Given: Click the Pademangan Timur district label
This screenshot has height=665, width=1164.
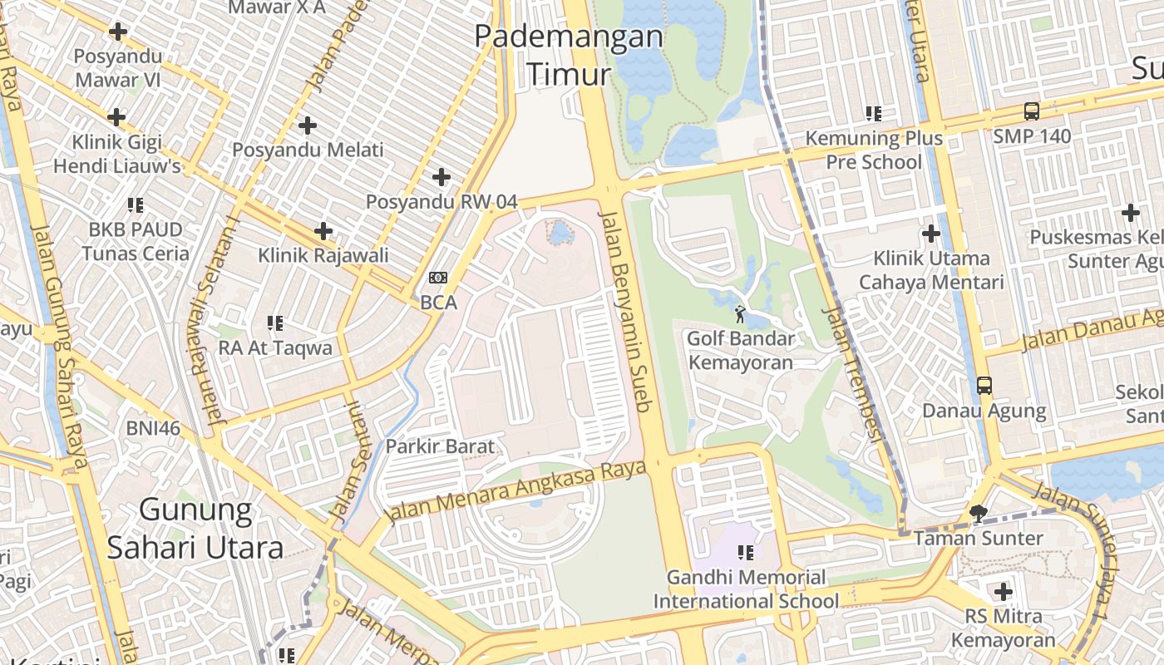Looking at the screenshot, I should coord(569,55).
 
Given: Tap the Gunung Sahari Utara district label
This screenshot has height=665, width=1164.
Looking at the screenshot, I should coord(195,528).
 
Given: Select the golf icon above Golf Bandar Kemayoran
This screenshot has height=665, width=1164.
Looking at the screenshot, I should coord(740,313).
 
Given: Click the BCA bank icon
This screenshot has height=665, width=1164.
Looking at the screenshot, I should coord(438,278).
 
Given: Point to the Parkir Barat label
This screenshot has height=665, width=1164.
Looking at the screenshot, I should coord(440,446).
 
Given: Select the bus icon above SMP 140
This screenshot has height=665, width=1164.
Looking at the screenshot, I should coord(1031,111).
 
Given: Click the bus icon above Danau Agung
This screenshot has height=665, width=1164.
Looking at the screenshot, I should coord(984,386).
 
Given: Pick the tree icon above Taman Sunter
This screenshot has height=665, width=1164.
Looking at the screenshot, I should coord(979,513).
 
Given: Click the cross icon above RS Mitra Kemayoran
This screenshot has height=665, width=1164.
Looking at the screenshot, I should coord(1004,592).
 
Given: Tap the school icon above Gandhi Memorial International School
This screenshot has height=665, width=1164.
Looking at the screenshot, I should coord(746,552).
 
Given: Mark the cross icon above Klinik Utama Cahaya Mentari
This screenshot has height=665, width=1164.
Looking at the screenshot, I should coord(931,234).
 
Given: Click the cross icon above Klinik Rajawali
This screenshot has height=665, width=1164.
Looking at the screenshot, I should coord(323,231).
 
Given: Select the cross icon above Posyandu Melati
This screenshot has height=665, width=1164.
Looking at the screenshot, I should coord(308,126).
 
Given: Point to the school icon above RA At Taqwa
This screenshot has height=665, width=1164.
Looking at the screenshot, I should coord(275,323).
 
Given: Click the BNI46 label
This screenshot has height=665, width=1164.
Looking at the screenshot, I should coord(153,428).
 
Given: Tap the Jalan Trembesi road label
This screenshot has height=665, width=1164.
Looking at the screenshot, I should coord(851,373).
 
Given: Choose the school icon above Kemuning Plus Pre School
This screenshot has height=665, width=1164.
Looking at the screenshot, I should coord(873,113).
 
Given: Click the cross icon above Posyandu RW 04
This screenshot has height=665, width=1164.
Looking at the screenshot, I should coord(441,177).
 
